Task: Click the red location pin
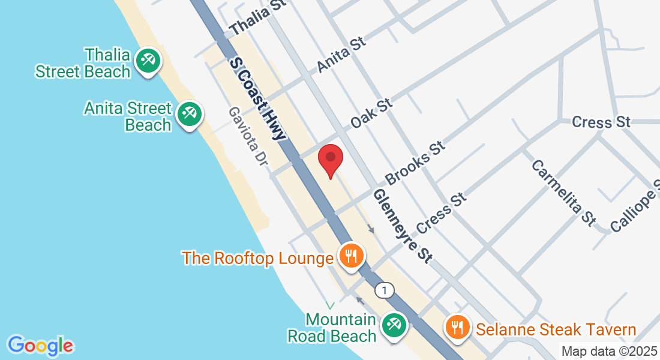pyautogui.click(x=330, y=158)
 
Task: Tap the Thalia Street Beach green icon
pyautogui.click(x=147, y=61)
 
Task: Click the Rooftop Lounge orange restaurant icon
pyautogui.click(x=351, y=256)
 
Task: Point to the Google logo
pyautogui.click(x=41, y=346)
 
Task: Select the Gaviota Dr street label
pyautogui.click(x=247, y=137)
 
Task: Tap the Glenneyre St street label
pyautogui.click(x=403, y=226)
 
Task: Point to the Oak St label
pyautogui.click(x=371, y=113)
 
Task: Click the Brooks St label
pyautogui.click(x=416, y=163)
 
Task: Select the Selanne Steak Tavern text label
pyautogui.click(x=556, y=329)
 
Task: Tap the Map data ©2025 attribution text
pyautogui.click(x=608, y=351)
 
